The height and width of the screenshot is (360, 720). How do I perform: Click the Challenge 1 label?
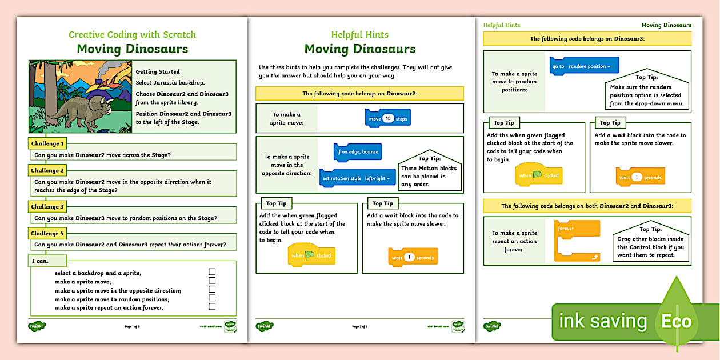47,143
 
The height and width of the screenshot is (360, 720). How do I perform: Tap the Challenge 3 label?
47,206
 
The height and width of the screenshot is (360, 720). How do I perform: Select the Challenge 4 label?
47,233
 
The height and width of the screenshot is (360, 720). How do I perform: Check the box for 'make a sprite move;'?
212,281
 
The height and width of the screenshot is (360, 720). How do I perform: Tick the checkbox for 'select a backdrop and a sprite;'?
212,272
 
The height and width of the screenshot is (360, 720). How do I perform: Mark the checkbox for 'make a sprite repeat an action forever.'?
212,306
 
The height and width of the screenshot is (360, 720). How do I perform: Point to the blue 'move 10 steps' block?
388,118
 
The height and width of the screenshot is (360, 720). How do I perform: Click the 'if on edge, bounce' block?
358,152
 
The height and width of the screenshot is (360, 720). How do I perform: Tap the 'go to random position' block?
584,66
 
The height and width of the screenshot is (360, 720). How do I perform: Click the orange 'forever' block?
577,241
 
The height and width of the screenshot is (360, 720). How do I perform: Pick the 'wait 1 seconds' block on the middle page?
413,257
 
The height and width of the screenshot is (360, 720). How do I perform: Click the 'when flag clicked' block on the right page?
539,175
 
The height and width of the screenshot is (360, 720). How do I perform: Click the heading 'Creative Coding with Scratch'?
132,34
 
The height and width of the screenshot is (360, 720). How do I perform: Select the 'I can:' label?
41,261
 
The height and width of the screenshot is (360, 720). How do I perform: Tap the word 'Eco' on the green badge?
677,321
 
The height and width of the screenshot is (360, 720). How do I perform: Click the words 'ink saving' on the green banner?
602,321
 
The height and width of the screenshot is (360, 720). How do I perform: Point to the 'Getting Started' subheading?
158,71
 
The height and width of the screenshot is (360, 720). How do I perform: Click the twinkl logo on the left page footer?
37,326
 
